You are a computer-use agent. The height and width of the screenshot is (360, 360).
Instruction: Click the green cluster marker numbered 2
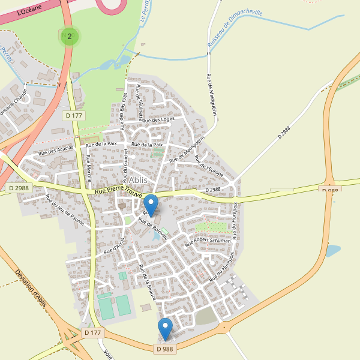click(x=70, y=37)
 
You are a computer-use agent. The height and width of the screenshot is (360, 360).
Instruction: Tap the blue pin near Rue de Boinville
click(x=151, y=205)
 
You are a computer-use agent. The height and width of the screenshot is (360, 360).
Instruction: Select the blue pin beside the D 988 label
click(x=165, y=329)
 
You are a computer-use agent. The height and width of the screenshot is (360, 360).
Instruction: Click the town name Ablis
click(x=138, y=179)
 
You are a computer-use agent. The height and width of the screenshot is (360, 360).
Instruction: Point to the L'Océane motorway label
click(x=29, y=10)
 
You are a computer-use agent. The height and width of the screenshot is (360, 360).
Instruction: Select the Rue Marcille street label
click(x=89, y=167)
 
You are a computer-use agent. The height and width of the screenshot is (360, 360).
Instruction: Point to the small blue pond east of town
click(x=332, y=250)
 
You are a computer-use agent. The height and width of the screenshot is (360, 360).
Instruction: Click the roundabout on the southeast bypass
click(x=224, y=328)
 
